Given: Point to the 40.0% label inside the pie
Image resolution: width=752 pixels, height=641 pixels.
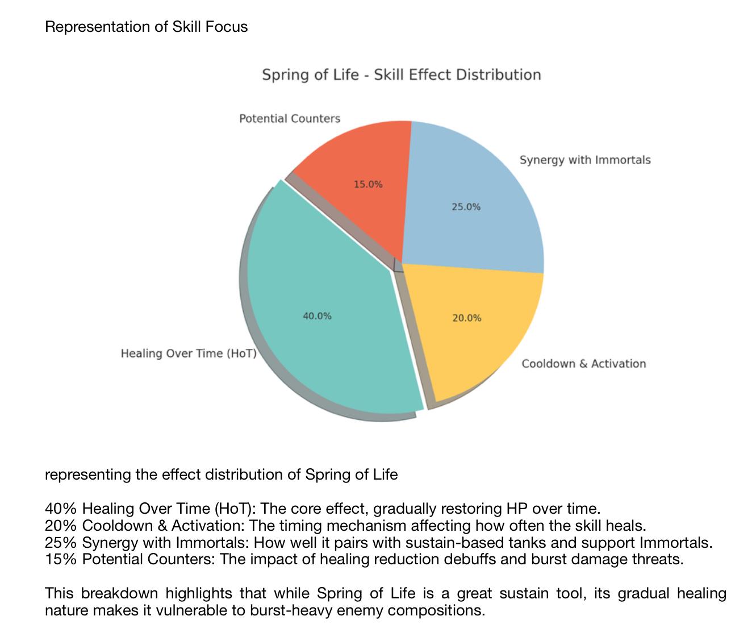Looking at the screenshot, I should point(317,316).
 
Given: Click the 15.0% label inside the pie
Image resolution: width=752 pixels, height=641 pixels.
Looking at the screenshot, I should point(368,185).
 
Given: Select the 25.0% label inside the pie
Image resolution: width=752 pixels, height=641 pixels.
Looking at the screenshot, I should point(466,207).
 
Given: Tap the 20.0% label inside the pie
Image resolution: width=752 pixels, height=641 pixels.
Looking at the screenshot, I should point(467,318).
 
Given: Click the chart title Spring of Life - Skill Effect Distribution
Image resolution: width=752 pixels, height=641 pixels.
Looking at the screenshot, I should point(401,75).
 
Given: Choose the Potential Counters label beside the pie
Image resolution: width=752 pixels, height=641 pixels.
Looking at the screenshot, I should point(290,119).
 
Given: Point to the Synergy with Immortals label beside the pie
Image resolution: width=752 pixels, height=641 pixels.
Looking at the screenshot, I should point(585,160).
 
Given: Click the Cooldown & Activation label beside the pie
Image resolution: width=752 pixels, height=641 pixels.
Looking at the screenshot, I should point(584,364).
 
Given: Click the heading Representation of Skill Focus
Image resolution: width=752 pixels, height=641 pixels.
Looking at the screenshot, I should point(147,27).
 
